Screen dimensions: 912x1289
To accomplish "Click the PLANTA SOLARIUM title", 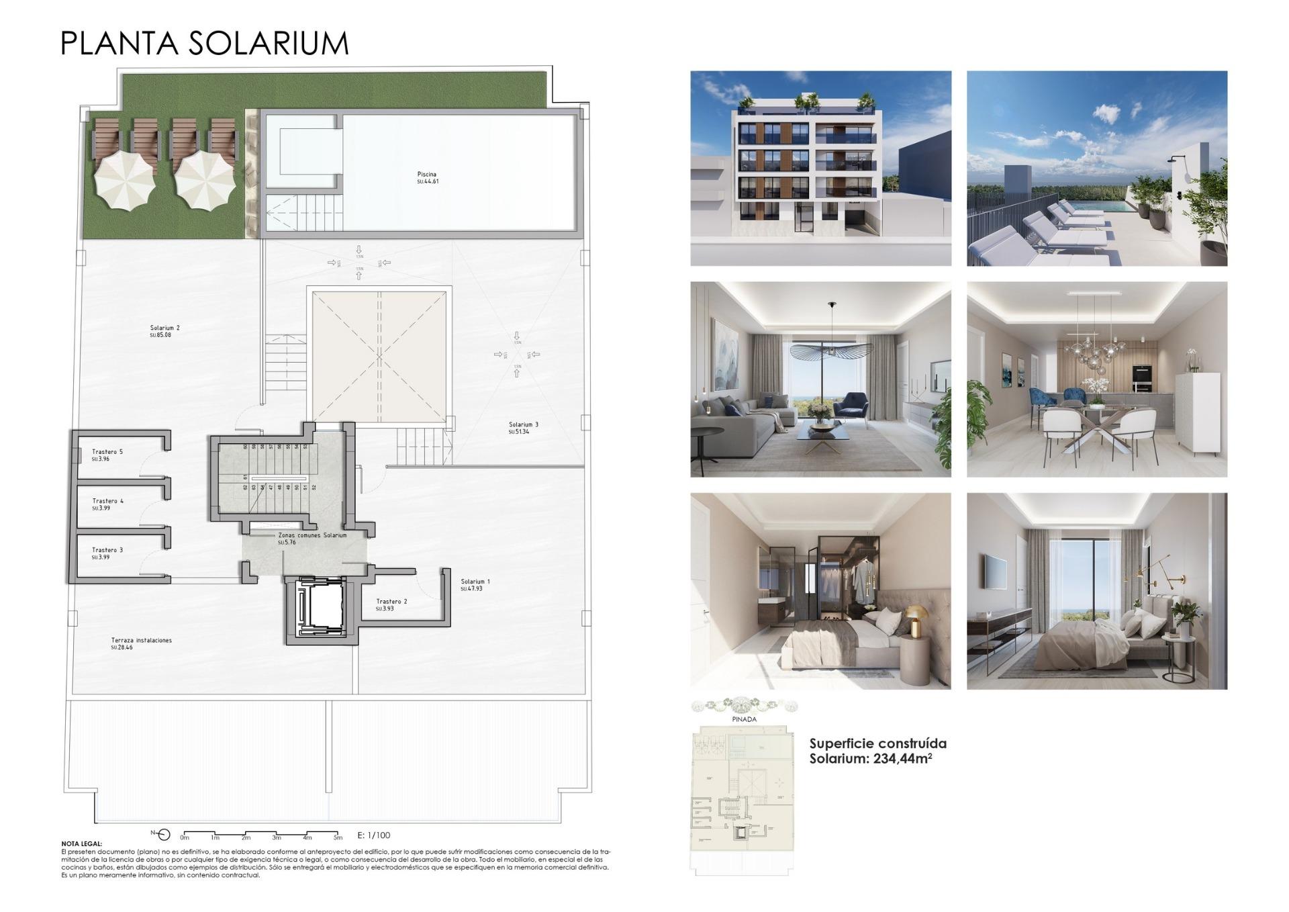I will [x=205, y=43].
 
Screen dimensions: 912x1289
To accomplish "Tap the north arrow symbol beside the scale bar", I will [x=164, y=834].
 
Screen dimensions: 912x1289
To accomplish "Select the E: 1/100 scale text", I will [x=374, y=835].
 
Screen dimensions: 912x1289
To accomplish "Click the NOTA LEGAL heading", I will [x=82, y=843].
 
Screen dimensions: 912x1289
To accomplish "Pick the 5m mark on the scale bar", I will [x=338, y=837].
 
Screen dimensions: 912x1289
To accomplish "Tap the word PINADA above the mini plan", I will [x=744, y=719].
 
